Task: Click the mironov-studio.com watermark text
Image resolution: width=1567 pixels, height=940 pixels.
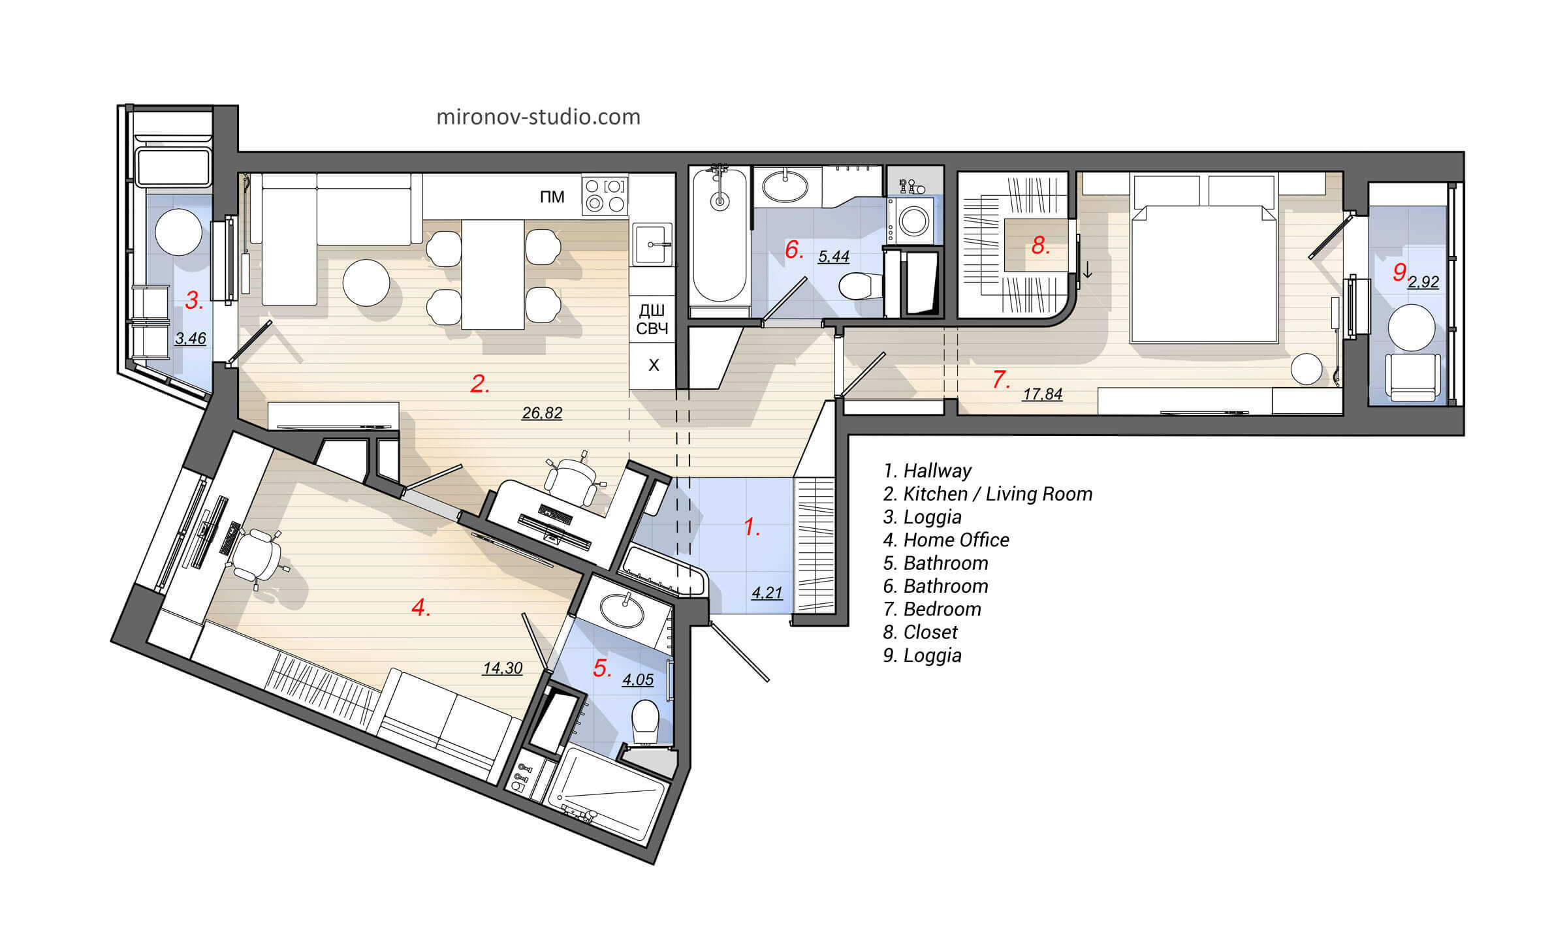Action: coord(538,117)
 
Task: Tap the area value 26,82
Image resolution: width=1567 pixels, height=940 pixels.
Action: coord(542,413)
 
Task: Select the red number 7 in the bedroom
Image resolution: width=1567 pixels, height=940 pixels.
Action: coord(1000,379)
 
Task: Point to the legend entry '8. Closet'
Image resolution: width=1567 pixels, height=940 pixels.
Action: coord(920,632)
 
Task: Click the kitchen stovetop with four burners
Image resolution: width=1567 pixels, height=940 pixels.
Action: coord(605,195)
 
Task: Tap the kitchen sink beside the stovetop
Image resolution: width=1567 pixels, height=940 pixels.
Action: coord(651,244)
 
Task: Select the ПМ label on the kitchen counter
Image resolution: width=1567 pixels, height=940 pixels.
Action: coord(552,196)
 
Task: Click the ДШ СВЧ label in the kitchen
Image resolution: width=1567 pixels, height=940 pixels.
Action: coord(652,319)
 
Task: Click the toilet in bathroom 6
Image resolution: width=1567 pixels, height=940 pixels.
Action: coord(858,285)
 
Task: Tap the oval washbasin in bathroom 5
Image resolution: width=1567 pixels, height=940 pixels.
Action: coord(622,610)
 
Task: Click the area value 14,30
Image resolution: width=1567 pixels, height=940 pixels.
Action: coord(503,668)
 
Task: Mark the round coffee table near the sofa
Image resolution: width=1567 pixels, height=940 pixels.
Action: coord(366,283)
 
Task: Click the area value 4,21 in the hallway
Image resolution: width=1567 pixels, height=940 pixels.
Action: coord(767,593)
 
